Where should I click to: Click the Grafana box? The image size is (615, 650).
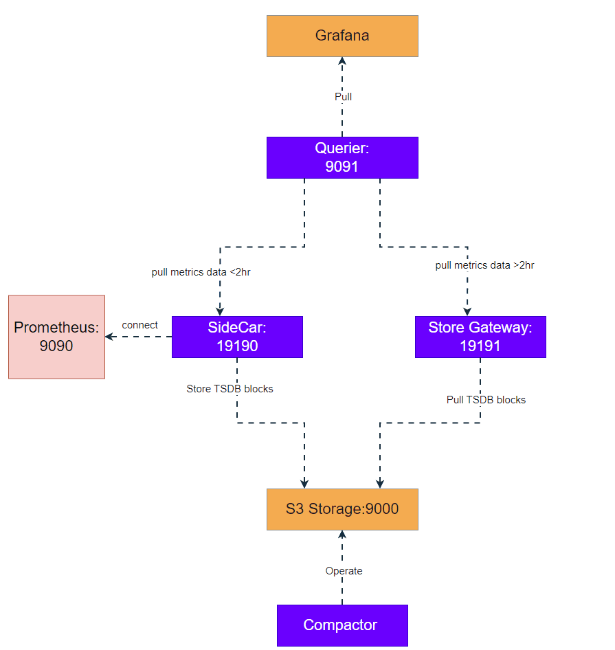[342, 36]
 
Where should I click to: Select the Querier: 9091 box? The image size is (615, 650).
[342, 157]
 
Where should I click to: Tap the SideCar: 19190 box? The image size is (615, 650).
[237, 337]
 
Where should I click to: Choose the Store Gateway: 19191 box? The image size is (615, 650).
[480, 337]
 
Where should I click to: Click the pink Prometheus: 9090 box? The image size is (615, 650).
[56, 337]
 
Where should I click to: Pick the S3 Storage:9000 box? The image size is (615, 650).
[342, 509]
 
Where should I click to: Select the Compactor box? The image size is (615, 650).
[342, 625]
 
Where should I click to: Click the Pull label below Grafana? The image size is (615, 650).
[343, 97]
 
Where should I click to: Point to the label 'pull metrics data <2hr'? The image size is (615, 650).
[201, 272]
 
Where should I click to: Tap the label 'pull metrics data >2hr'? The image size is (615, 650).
[484, 265]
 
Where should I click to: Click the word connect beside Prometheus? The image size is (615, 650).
[139, 325]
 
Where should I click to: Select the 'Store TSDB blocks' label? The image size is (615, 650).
[230, 389]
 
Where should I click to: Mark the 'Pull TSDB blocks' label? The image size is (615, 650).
[486, 400]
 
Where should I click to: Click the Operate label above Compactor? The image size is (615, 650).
[344, 571]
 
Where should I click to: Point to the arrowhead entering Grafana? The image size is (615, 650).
[342, 61]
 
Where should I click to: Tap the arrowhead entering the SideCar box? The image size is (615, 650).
[221, 311]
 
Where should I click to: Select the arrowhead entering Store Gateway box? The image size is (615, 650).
[468, 311]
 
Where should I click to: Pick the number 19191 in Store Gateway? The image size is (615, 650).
[480, 346]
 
